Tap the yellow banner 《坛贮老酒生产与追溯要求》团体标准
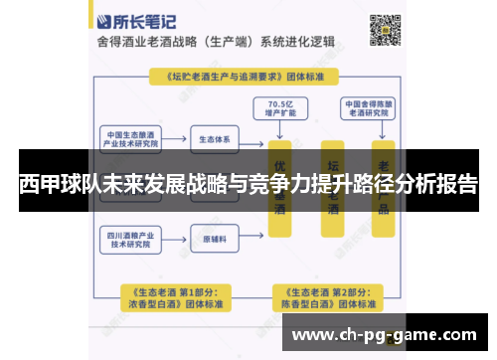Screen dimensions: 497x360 tap(239, 75)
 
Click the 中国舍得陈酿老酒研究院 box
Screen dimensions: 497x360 tap(369, 106)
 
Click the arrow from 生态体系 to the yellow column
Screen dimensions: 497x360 tap(253, 138)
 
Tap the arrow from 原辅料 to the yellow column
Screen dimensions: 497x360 tap(253, 240)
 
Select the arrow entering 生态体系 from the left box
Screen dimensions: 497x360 tap(175, 138)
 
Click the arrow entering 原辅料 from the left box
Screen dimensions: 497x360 tap(175, 240)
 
